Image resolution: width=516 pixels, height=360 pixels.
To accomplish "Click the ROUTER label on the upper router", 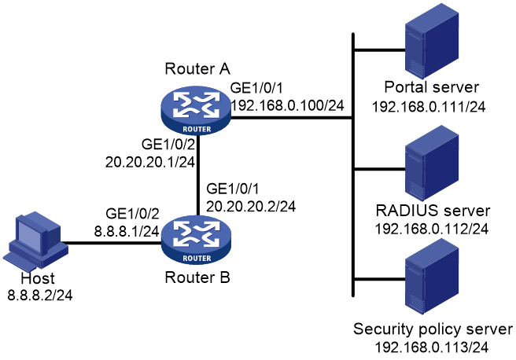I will [197, 129].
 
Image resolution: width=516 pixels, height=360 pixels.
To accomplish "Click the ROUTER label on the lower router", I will [197, 258].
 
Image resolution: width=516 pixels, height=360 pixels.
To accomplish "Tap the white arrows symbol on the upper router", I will [197, 104].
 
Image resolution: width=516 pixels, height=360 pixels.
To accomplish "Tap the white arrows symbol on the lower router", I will [197, 233].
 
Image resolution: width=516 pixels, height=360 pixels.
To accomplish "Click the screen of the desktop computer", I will [30, 236].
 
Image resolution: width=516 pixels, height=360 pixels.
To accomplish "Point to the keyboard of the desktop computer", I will [20, 263].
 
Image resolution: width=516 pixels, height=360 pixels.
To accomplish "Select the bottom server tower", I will [432, 277].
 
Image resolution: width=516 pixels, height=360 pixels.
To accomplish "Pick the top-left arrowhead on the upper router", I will [179, 97].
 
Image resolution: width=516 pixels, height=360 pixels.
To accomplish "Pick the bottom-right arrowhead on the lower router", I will [213, 241].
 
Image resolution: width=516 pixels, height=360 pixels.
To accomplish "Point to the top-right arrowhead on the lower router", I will [214, 226].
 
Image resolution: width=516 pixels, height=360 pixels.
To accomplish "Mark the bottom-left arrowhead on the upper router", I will [179, 112].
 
